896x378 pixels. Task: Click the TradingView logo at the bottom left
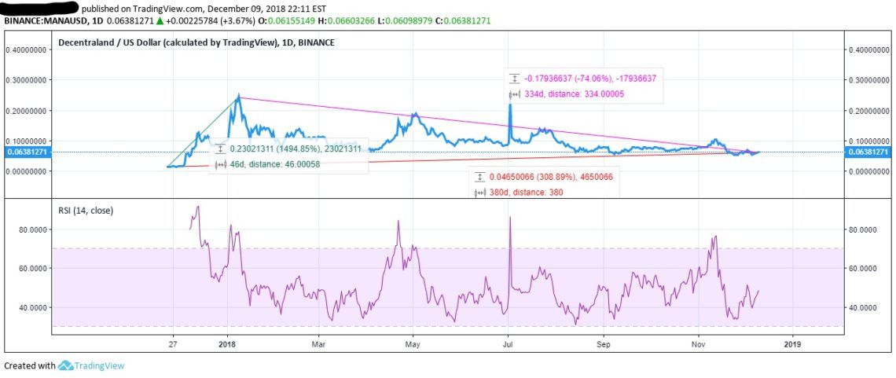click(92, 365)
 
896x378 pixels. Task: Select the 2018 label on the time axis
click(228, 344)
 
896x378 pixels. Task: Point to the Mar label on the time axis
click(319, 344)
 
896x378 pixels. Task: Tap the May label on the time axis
click(413, 344)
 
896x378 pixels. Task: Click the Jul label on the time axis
click(508, 344)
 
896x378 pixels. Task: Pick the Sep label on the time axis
click(604, 344)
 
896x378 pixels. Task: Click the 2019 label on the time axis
click(792, 344)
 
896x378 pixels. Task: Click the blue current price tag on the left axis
click(27, 152)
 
